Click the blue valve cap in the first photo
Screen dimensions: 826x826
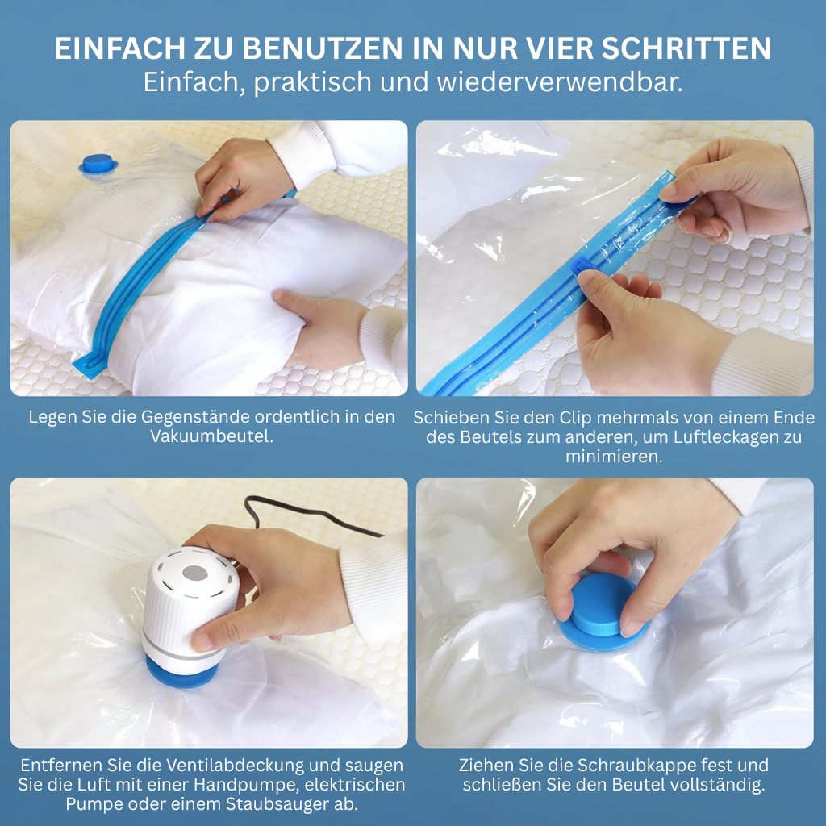[98, 164]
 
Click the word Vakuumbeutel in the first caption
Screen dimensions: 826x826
[212, 436]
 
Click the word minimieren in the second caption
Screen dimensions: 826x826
[614, 457]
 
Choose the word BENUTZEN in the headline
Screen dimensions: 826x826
[323, 48]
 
